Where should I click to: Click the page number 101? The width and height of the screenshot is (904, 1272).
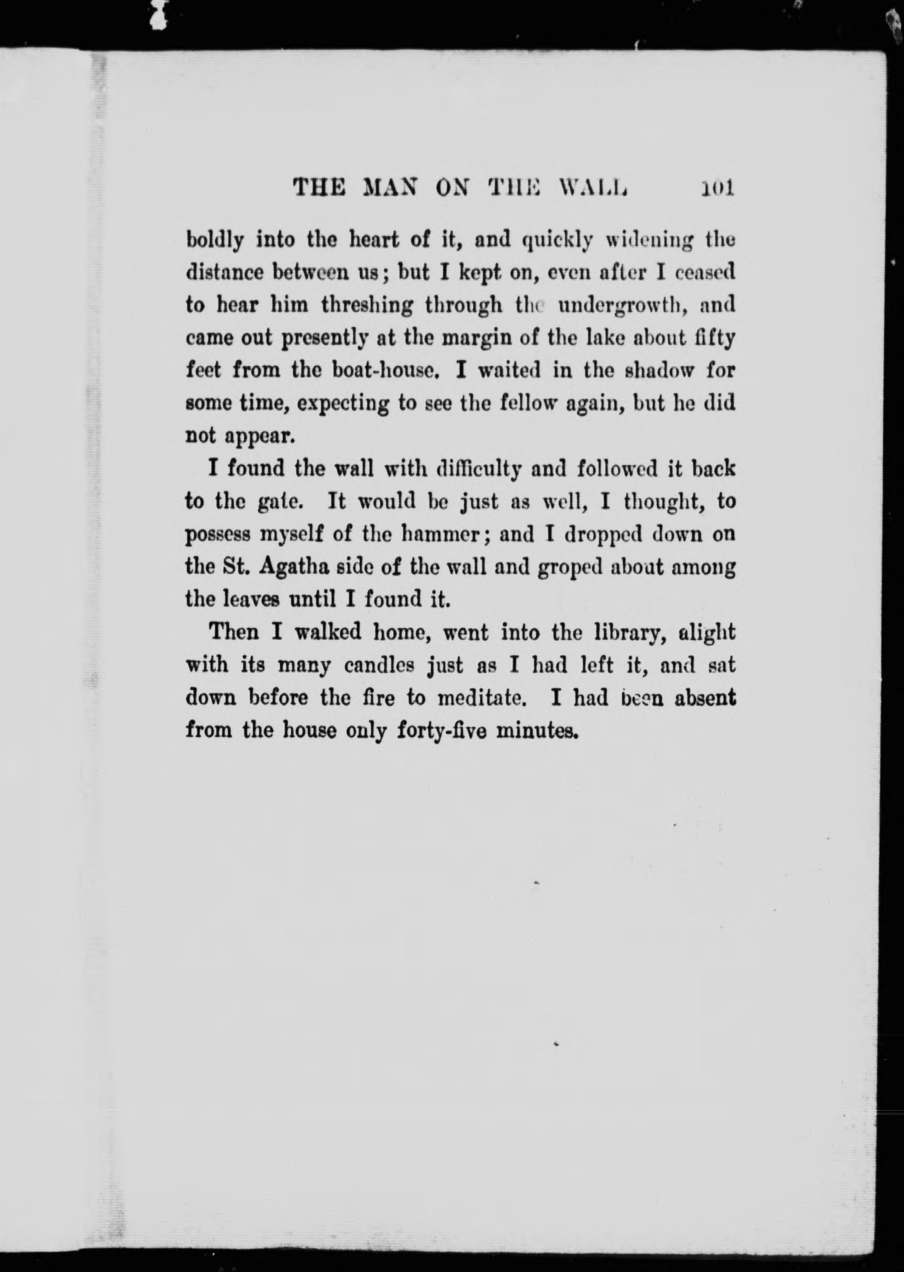[718, 188]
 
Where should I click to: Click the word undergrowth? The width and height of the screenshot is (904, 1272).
[624, 305]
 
